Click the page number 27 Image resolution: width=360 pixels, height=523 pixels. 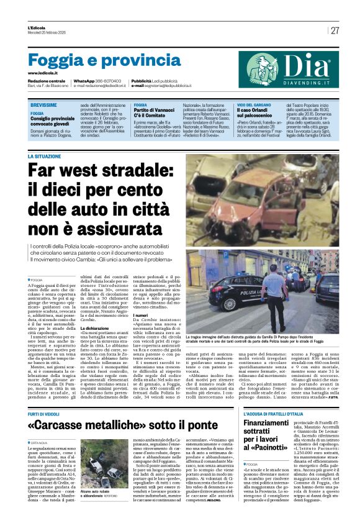pyautogui.click(x=335, y=31)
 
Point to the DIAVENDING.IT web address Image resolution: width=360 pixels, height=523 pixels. pyautogui.click(x=300, y=82)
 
